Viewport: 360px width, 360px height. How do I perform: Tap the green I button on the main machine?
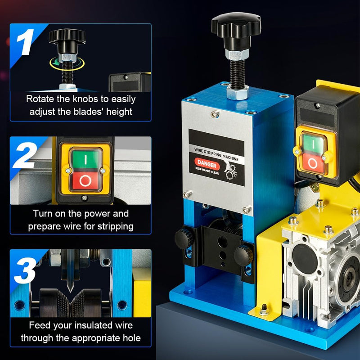311,144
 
